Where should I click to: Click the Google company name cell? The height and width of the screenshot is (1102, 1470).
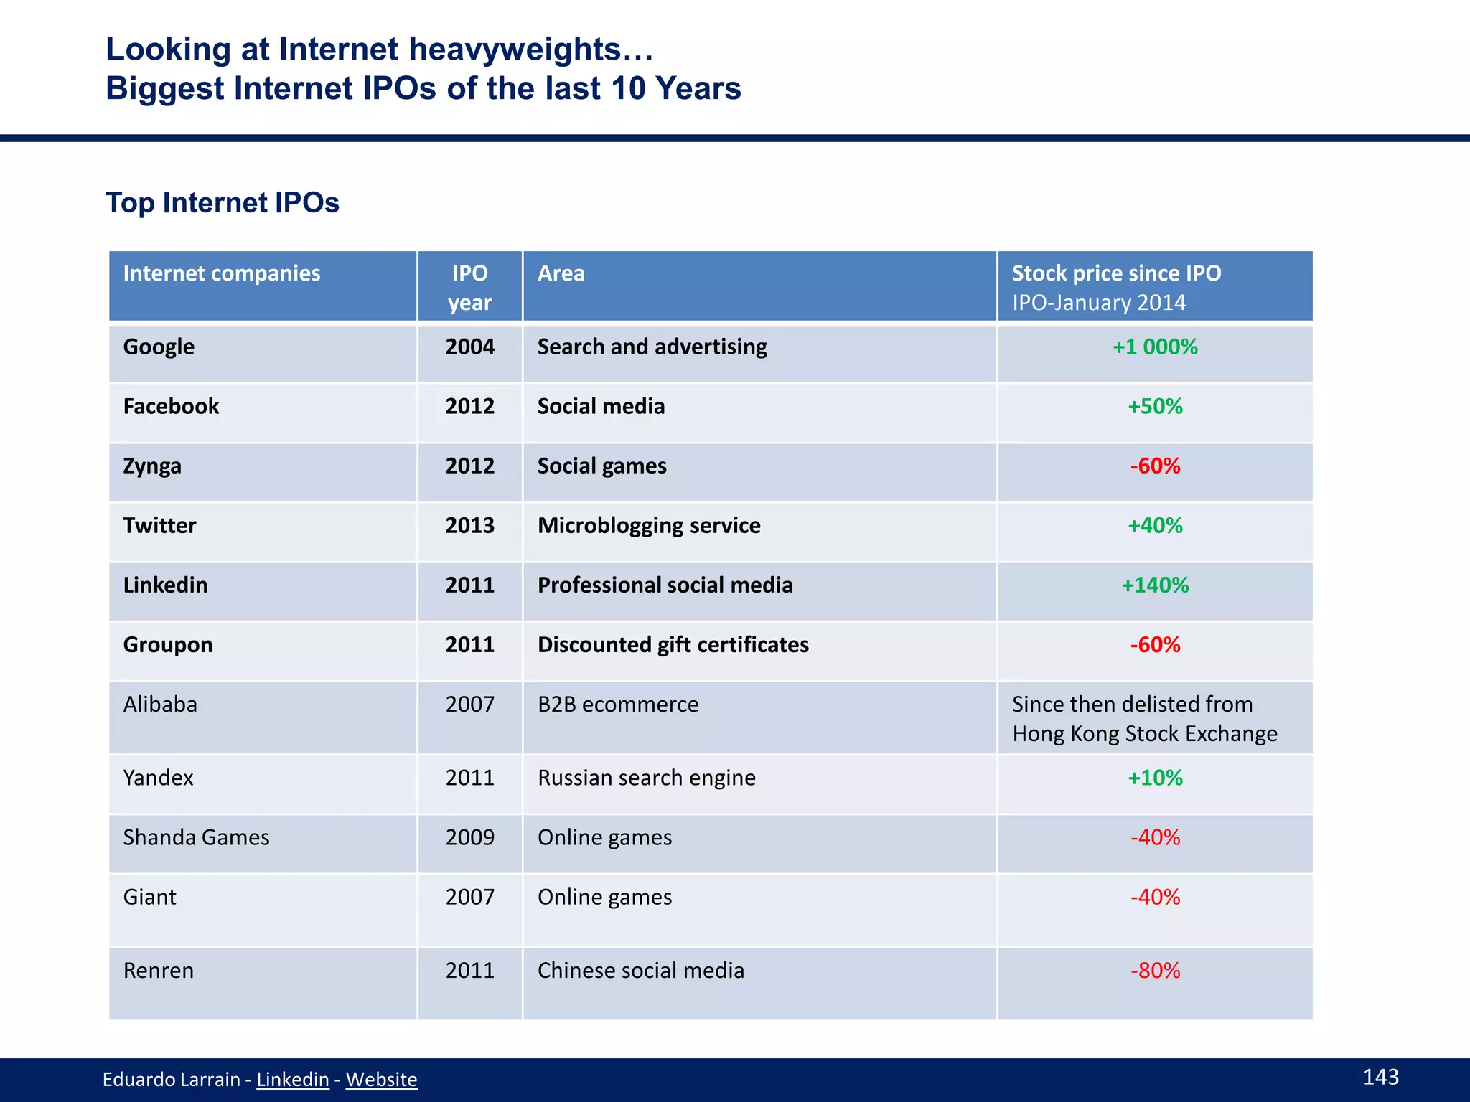point(159,347)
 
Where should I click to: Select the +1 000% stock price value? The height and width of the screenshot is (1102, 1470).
point(1154,347)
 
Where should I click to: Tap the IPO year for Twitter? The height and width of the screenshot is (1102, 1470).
point(469,525)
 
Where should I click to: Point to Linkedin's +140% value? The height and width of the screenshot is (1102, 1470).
point(1154,585)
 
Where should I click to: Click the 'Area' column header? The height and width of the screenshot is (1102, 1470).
point(561,273)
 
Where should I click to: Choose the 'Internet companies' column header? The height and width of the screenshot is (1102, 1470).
point(221,273)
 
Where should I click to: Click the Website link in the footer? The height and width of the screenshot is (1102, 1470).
point(381,1079)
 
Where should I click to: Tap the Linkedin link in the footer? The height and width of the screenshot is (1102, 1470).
point(292,1079)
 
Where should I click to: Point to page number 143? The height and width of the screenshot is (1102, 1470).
point(1380,1076)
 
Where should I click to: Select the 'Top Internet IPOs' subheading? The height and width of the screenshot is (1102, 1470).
point(222,203)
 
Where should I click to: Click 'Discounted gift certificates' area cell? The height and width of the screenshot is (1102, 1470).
point(673,644)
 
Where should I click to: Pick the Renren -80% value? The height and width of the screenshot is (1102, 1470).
point(1154,970)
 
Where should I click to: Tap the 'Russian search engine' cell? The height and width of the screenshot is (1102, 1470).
point(646,778)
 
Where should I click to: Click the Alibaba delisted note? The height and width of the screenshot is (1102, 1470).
point(1144,718)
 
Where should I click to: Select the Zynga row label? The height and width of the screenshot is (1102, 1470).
point(152,466)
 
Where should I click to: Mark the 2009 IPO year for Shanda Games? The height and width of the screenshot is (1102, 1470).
point(469,837)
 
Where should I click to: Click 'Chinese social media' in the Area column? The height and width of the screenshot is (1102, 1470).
point(640,970)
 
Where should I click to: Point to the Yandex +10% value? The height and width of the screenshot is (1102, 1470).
point(1154,778)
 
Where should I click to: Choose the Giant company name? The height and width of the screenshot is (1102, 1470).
point(149,897)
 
